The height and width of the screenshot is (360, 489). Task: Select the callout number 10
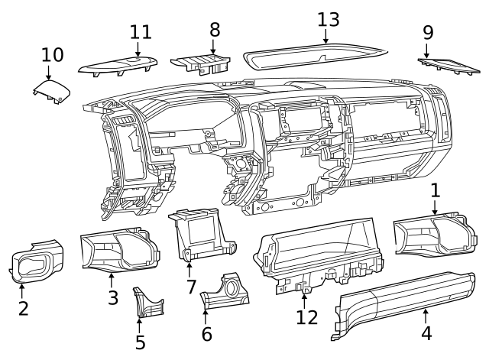tap(53, 55)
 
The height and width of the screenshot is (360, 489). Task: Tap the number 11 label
tap(141, 32)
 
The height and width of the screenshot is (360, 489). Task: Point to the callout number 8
tap(215, 30)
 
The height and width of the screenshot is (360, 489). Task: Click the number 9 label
tap(428, 32)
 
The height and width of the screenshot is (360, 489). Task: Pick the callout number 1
tap(435, 189)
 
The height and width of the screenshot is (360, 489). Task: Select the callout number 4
tap(426, 333)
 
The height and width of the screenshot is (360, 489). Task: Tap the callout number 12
tap(306, 316)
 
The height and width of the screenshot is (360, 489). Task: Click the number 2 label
tap(23, 309)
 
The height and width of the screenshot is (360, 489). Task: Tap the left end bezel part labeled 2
tap(37, 264)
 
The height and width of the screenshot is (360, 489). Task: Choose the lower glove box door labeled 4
tap(405, 302)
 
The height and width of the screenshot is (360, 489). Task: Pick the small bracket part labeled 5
tap(145, 304)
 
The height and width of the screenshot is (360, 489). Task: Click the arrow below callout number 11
tap(138, 50)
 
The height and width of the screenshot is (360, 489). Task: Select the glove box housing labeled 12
tap(321, 256)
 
